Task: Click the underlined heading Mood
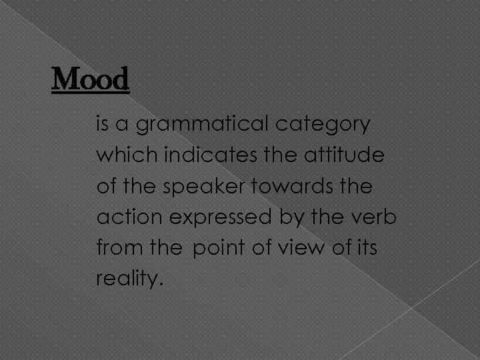pyautogui.click(x=90, y=81)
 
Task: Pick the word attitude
pyautogui.click(x=339, y=155)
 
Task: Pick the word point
pyautogui.click(x=219, y=249)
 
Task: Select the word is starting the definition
pyautogui.click(x=103, y=125)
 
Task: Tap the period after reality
pyautogui.click(x=160, y=284)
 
